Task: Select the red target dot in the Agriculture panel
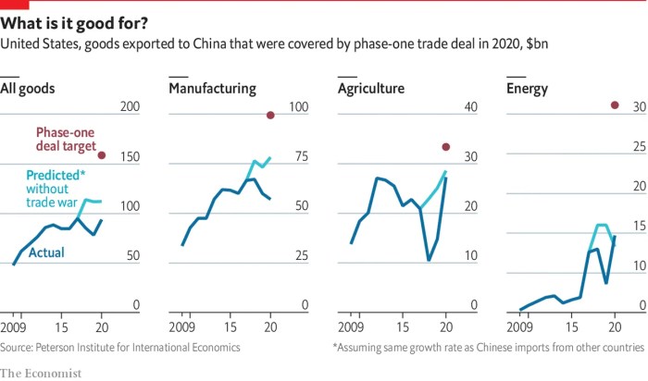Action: (x=446, y=147)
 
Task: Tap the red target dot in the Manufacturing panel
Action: (x=270, y=115)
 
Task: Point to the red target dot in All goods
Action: (x=102, y=155)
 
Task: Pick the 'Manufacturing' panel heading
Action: (x=212, y=90)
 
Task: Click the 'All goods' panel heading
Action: (x=28, y=90)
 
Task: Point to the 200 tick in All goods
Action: (x=130, y=108)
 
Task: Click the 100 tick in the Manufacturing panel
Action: (x=298, y=108)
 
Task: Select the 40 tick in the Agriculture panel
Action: (x=471, y=108)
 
